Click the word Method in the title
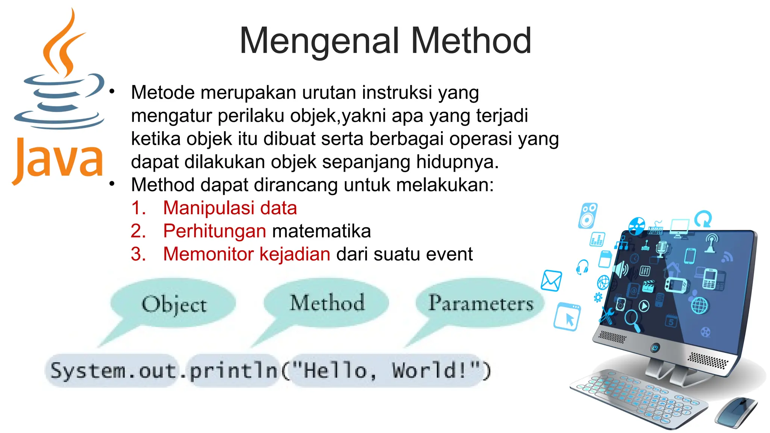[x=471, y=41]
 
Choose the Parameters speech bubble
[x=480, y=303]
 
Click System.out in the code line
[x=113, y=371]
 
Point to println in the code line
[x=233, y=371]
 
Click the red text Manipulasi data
[x=230, y=208]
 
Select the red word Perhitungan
[x=215, y=231]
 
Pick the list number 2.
[x=138, y=231]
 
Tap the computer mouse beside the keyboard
[x=736, y=412]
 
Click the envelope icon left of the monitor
[x=551, y=281]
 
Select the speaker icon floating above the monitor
[x=588, y=216]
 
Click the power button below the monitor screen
[x=655, y=348]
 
